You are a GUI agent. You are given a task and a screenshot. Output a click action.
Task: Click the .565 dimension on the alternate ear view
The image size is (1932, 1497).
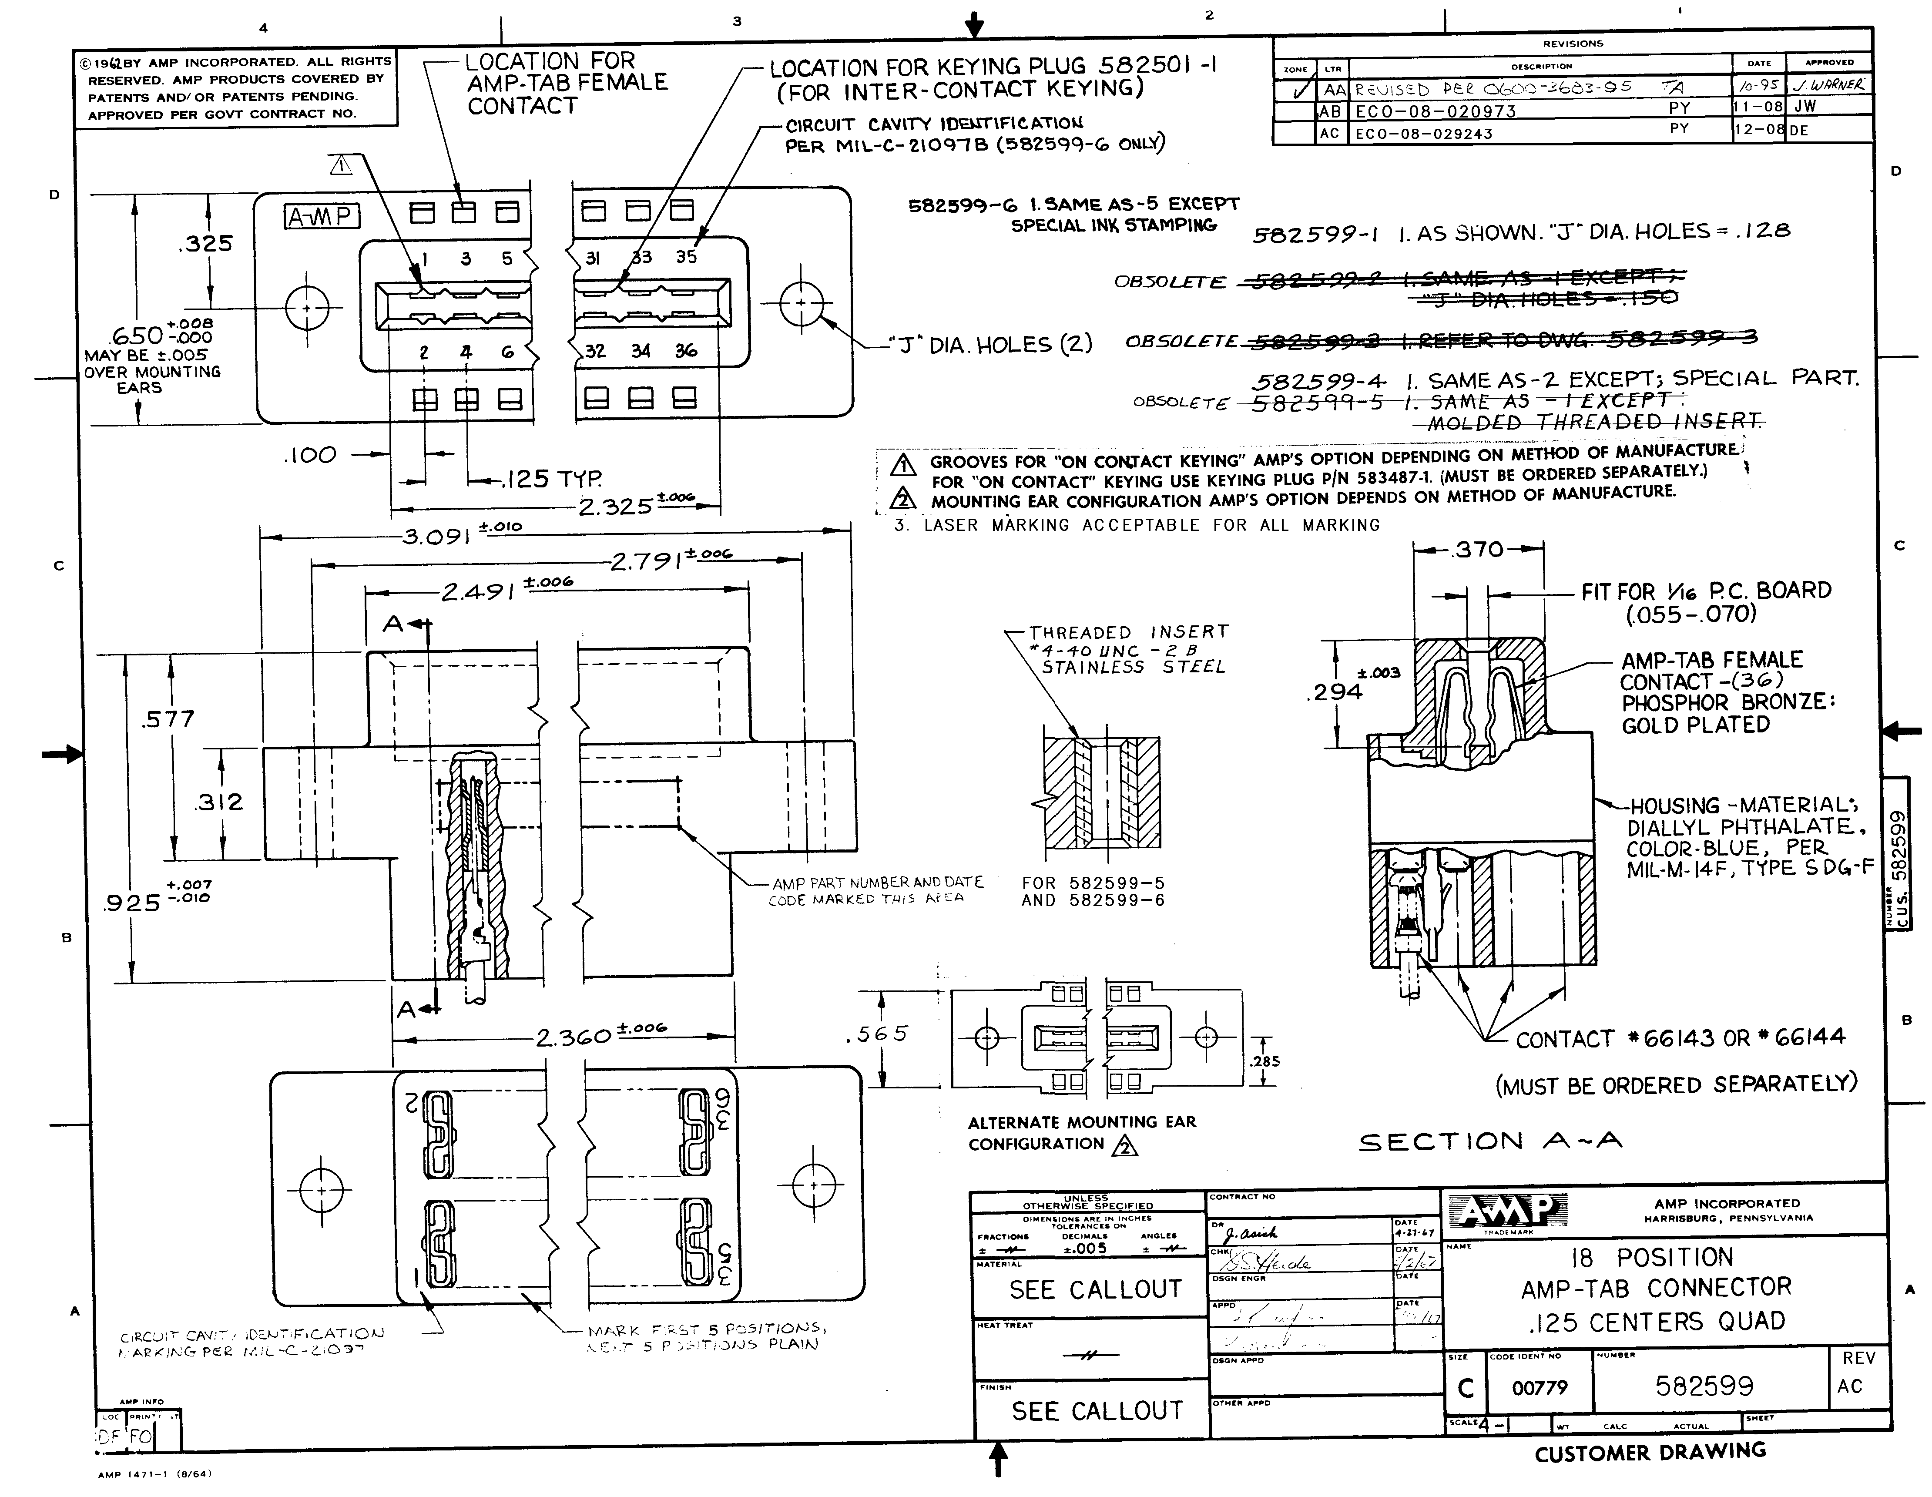tap(876, 1034)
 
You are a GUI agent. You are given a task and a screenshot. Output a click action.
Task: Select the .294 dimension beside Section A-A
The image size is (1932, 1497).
tap(1334, 691)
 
